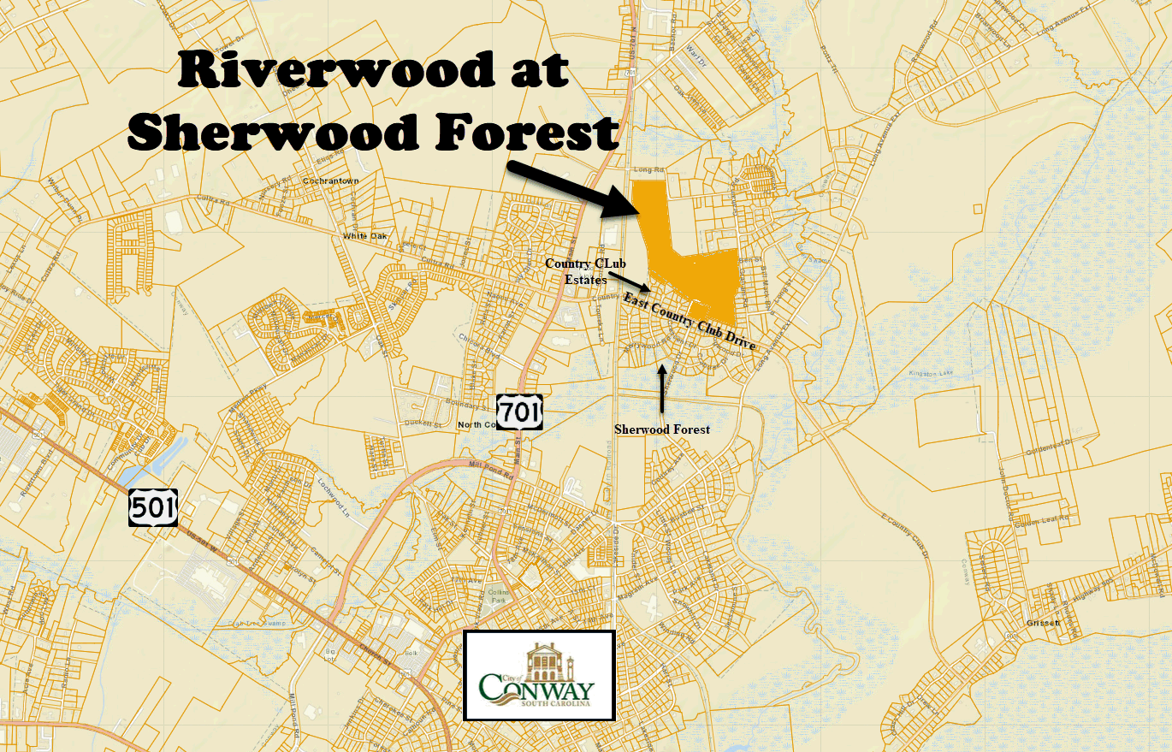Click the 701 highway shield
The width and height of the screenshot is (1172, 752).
(520, 411)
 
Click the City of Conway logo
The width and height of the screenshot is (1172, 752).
(539, 675)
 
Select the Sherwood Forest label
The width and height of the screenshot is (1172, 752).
(662, 429)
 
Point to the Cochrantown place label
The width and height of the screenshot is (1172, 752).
(331, 181)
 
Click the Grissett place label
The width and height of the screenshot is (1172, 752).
(1045, 623)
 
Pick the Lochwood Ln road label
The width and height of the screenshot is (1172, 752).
(336, 495)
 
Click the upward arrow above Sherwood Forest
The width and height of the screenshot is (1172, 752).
(662, 389)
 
